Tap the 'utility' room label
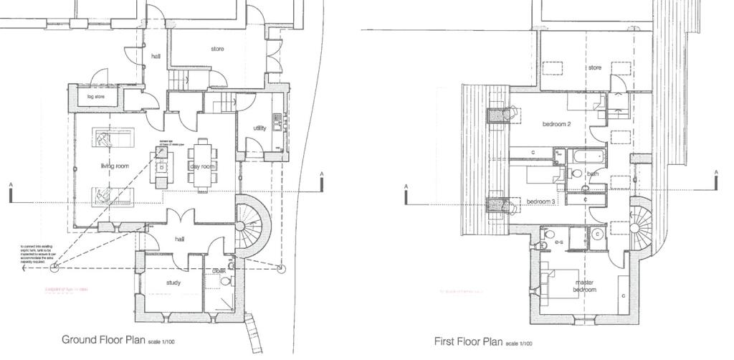click(259, 128)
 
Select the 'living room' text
click(115, 166)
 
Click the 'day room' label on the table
click(202, 166)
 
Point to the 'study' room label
click(173, 283)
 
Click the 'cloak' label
click(219, 271)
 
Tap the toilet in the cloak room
click(227, 283)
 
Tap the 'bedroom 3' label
click(541, 202)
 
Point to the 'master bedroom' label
click(584, 286)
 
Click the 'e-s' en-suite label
click(558, 243)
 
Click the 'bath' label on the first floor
click(593, 174)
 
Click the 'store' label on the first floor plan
click(595, 68)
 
